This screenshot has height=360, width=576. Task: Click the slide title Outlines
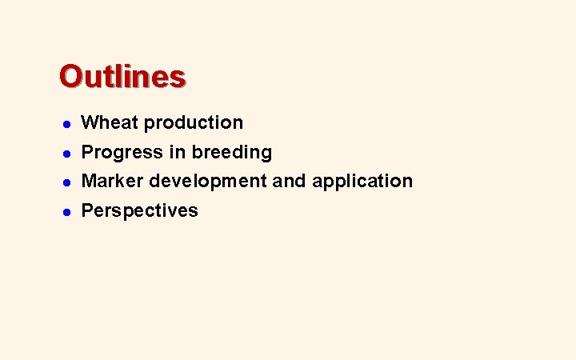coord(122,77)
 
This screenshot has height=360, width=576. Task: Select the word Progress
coord(122,152)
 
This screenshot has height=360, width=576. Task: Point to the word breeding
coord(238,152)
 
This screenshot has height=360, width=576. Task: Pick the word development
coord(208,182)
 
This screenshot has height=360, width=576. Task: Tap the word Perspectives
coord(140,211)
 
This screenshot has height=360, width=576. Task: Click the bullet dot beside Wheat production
coord(68,124)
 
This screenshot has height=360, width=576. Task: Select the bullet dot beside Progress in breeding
coord(68,153)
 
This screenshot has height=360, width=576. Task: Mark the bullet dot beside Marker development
coord(68,182)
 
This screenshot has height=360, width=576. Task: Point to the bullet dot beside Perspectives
coord(68,211)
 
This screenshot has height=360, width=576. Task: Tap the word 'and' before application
coord(289,181)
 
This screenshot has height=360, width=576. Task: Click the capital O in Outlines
coord(70,77)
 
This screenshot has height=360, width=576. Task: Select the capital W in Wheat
coord(90,122)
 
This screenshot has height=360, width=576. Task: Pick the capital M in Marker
coord(90,181)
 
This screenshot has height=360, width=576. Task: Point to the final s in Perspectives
coord(193,211)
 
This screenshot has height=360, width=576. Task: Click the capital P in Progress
coord(88,152)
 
